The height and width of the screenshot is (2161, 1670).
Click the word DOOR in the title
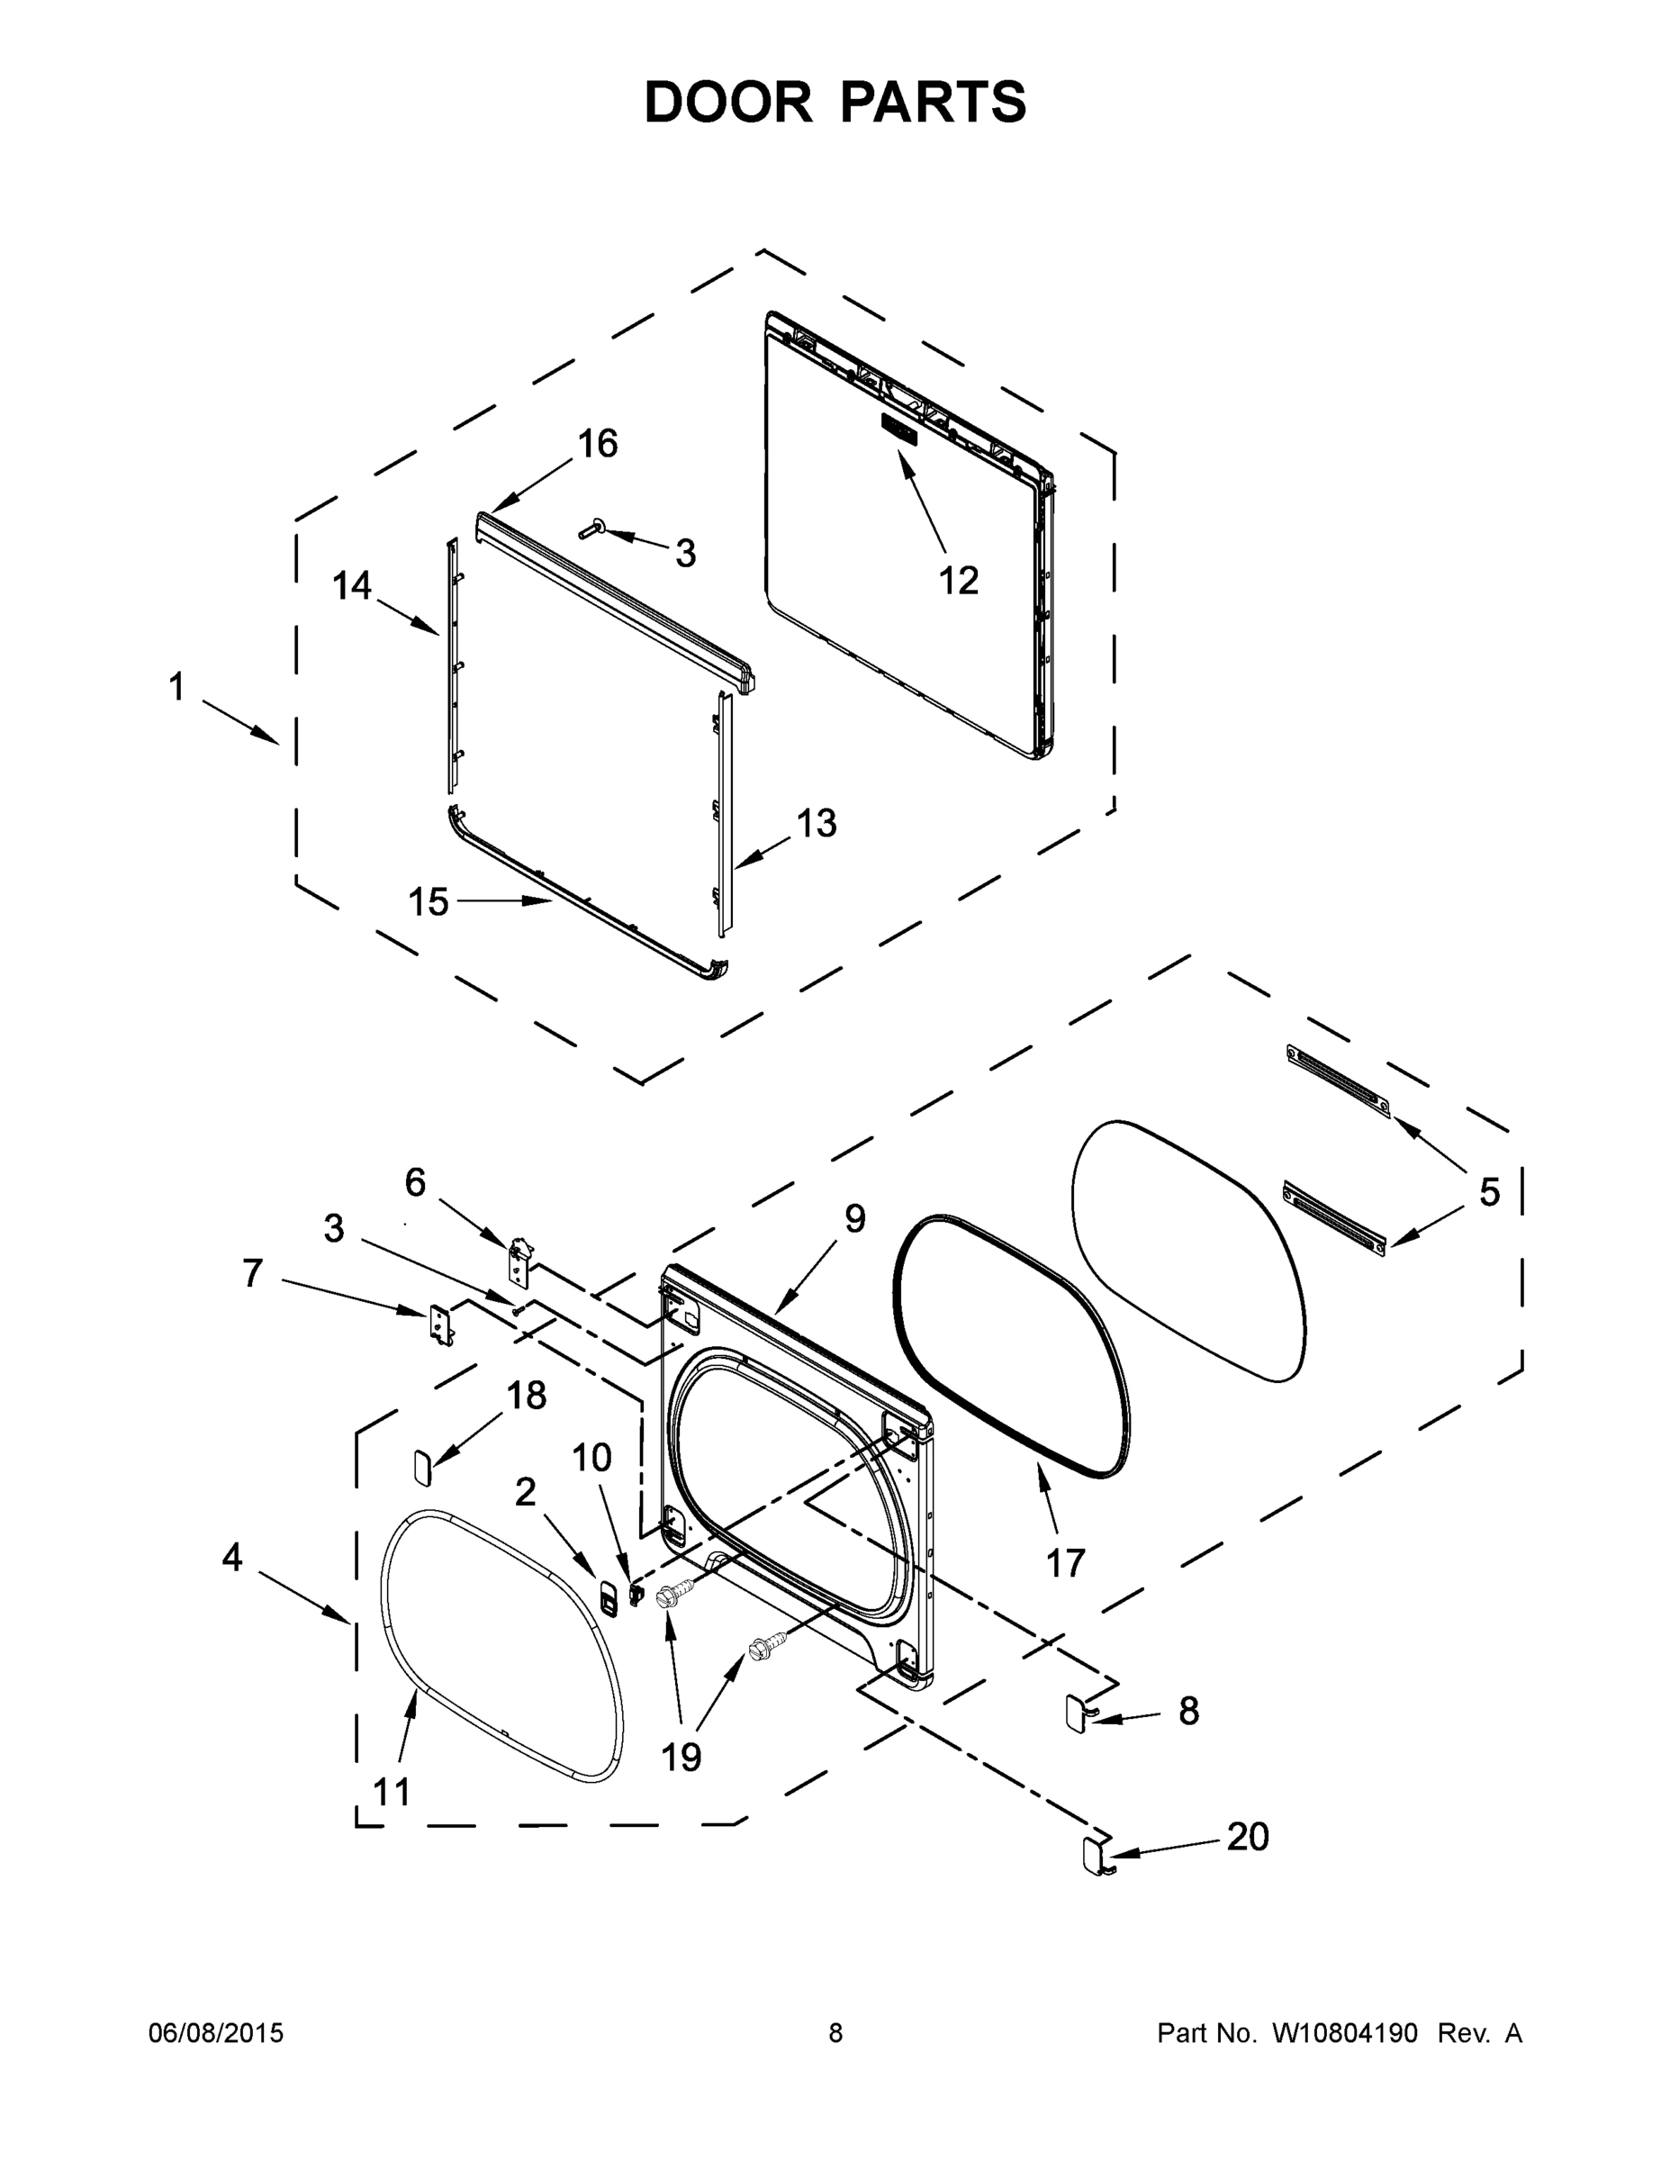[x=727, y=102]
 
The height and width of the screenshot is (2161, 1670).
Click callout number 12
[x=958, y=581]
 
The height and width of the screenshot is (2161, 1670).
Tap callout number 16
[x=598, y=443]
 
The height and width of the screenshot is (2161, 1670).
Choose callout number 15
[x=429, y=901]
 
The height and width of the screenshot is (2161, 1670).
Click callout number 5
[x=1489, y=1192]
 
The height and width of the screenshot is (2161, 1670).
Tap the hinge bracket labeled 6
[x=519, y=1260]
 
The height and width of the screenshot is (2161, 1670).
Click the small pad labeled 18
[x=421, y=1464]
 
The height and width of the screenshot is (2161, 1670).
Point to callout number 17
[x=1066, y=1563]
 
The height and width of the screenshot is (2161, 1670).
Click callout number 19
[x=681, y=1757]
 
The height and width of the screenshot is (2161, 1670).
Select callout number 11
[x=392, y=1791]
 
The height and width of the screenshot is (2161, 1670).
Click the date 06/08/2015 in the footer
[x=216, y=2033]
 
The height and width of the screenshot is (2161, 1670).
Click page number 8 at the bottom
[x=835, y=2033]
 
